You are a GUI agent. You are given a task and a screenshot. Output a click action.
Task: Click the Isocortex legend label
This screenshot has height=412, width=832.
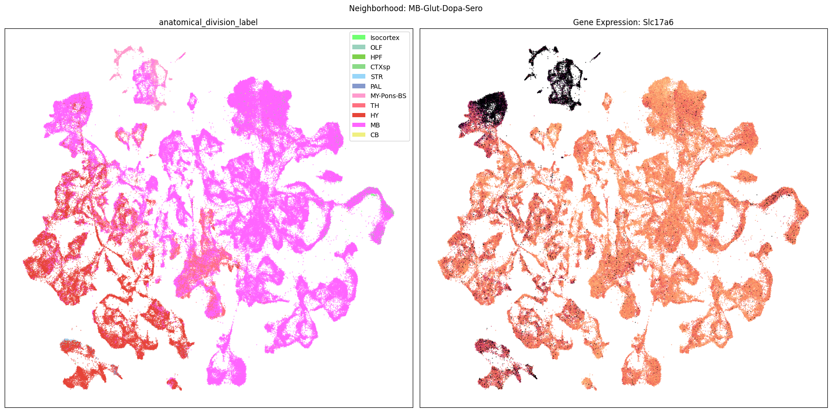[x=384, y=38]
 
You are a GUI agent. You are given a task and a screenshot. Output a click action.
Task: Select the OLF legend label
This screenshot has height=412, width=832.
[x=376, y=47]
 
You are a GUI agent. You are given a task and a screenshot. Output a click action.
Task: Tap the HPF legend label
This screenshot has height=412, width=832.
[x=376, y=57]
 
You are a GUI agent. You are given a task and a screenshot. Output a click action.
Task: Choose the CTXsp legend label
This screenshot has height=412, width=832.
[x=380, y=67]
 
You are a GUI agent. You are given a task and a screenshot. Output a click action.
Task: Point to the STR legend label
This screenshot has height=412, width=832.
[x=376, y=77]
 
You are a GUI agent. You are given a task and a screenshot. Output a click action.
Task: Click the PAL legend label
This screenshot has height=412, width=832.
[x=376, y=86]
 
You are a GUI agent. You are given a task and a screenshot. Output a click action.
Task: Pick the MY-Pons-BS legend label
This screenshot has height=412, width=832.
[x=388, y=96]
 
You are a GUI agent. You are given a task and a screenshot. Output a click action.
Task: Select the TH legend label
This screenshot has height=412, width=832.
[x=375, y=106]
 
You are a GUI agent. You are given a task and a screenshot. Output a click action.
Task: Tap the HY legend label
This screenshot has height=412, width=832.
[x=374, y=115]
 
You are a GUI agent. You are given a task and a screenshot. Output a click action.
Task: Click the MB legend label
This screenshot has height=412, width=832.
[x=375, y=125]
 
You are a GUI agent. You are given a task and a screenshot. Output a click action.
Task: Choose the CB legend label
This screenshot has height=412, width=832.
[x=374, y=135]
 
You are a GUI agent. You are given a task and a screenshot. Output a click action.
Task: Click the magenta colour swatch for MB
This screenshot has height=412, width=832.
[x=358, y=125]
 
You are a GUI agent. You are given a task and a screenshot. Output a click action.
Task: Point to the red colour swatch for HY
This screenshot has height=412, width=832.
[x=358, y=115]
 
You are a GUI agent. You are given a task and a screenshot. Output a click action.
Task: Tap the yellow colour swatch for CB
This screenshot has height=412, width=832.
[x=358, y=135]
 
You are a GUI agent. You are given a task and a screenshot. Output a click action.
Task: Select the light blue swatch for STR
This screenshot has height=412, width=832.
[x=358, y=77]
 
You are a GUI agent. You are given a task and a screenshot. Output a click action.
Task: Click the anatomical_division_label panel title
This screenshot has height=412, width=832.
[x=208, y=22]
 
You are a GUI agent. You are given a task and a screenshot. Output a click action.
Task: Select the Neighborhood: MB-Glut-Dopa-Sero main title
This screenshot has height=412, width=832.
[x=416, y=8]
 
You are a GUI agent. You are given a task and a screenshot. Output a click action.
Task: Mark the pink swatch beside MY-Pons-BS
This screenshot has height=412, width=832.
[x=358, y=96]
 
